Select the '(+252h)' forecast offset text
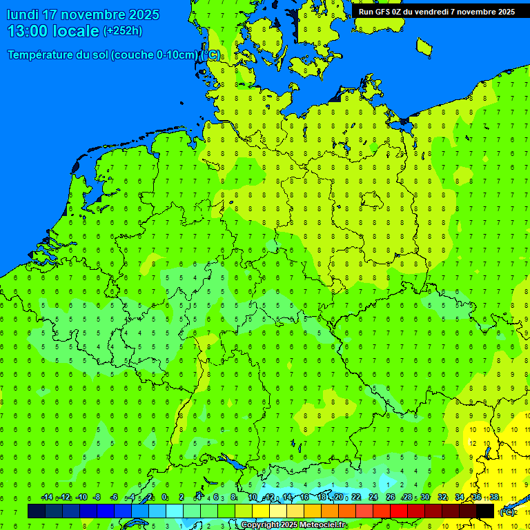123,31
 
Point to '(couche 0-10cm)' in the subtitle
155,55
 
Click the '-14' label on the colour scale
47,498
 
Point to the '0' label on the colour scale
165,498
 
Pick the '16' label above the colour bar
304,498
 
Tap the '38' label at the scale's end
494,498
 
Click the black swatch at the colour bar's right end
485,511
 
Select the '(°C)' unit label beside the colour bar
507,512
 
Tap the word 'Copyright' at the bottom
261,525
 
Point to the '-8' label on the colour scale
97,498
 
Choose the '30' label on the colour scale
425,498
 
